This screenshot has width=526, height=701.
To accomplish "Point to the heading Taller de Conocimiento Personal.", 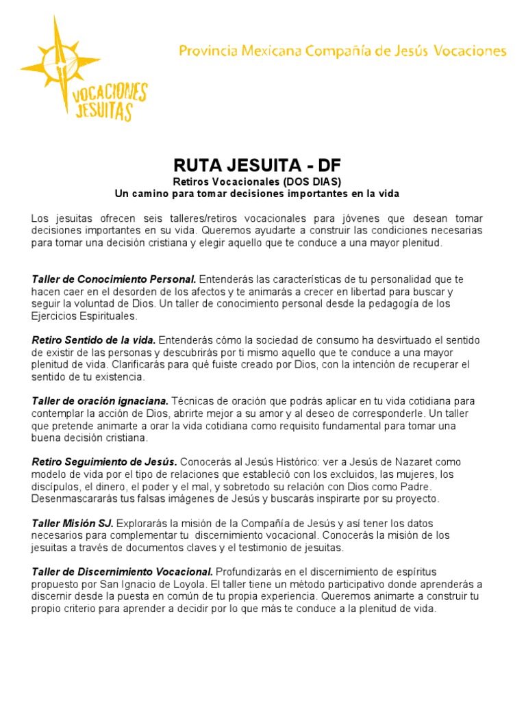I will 114,279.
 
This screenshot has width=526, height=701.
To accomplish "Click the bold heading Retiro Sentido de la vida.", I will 94,340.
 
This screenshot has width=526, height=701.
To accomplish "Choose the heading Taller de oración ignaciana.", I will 100,400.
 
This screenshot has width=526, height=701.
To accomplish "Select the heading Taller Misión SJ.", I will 73,522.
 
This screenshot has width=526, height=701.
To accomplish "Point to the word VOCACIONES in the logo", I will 110,91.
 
